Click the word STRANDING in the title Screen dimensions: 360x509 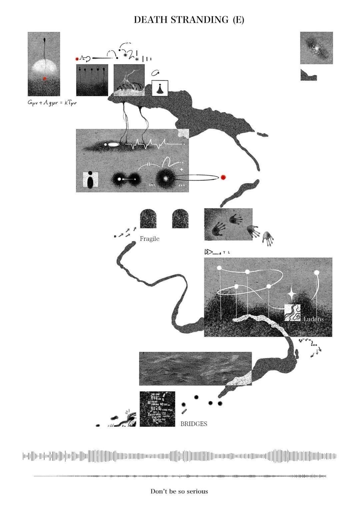200,20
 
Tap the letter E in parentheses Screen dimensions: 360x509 238,20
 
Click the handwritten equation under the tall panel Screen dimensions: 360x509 52,103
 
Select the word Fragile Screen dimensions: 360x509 149,239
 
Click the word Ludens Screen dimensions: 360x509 313,319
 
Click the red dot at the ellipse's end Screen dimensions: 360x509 223,177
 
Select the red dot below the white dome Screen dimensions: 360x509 45,79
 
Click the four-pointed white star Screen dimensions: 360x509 291,294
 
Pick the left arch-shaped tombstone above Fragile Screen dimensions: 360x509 148,219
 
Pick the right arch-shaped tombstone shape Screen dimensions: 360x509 181,219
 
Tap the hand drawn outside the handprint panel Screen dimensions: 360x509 268,239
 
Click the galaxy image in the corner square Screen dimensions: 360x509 316,48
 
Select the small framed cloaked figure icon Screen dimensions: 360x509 160,88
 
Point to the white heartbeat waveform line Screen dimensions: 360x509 155,144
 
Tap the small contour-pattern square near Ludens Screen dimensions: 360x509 292,313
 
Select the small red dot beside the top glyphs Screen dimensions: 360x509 77,59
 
